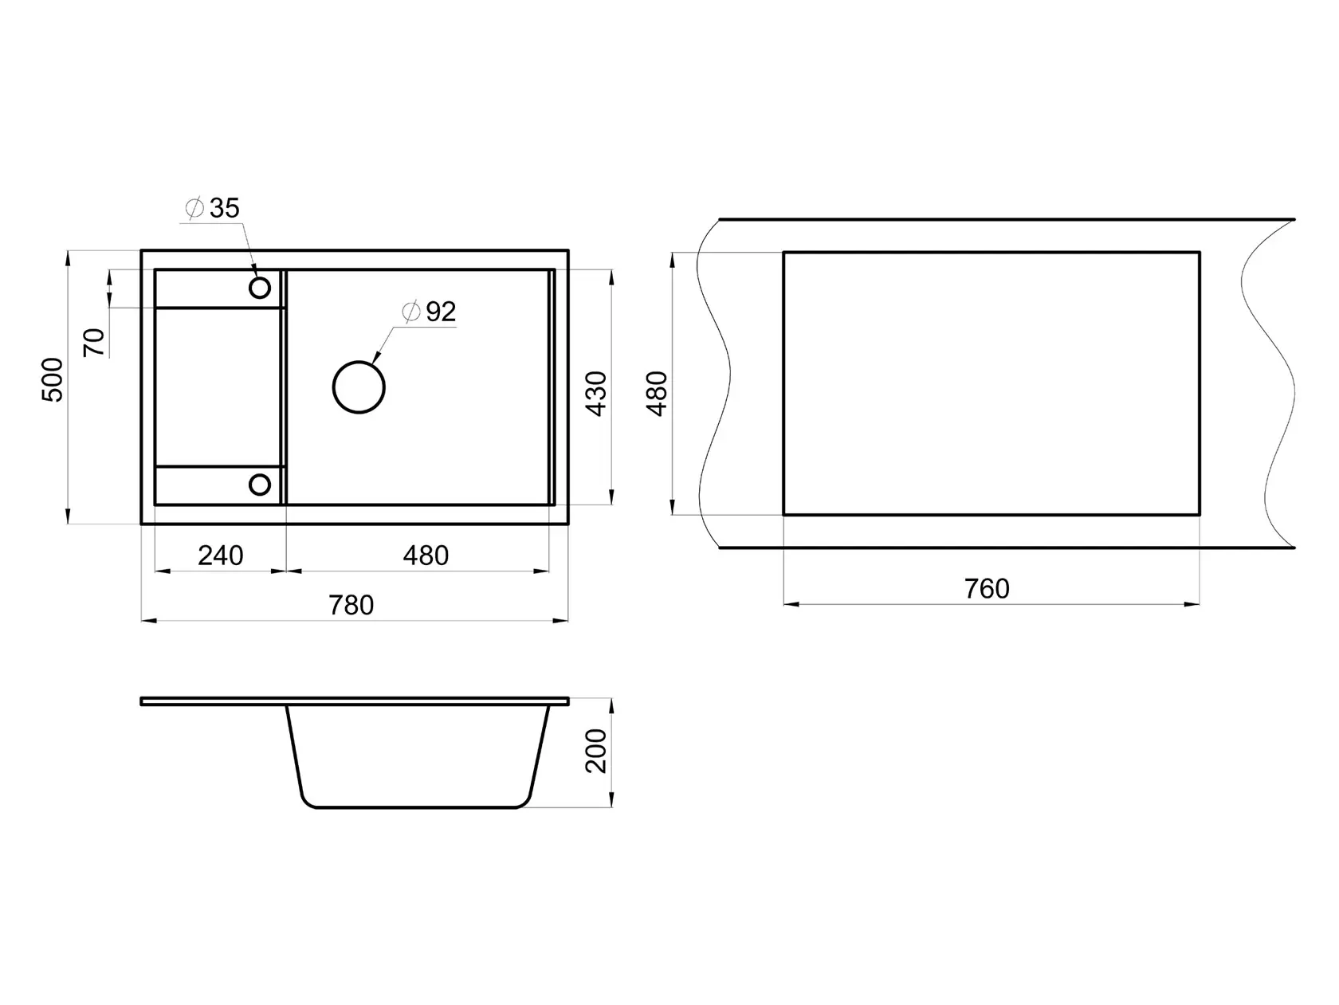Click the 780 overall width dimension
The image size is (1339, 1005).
(351, 606)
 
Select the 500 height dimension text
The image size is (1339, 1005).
(53, 379)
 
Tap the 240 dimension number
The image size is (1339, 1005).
(220, 555)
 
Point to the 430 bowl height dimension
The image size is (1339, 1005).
(596, 394)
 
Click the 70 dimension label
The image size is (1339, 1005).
(94, 342)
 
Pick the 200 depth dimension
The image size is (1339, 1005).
(596, 752)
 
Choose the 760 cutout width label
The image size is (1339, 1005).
(987, 589)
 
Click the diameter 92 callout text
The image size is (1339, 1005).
(429, 312)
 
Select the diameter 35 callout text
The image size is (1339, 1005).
(212, 208)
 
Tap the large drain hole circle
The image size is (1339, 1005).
(359, 363)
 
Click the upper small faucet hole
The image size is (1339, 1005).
(260, 278)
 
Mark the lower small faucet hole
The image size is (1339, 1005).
(260, 475)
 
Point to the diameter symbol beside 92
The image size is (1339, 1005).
(411, 312)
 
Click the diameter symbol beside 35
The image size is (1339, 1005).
(194, 208)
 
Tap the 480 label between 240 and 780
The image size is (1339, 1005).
(426, 555)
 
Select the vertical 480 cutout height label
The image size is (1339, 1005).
(657, 394)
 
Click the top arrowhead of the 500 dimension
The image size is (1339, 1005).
(68, 258)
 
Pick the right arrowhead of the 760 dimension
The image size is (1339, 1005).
(1192, 604)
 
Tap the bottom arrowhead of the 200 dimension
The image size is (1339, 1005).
(611, 799)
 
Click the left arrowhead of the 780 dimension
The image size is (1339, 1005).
(150, 621)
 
